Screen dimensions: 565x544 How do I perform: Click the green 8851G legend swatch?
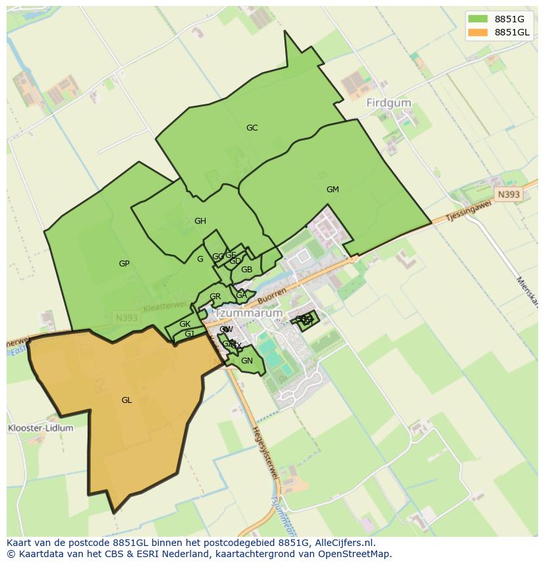click(478, 18)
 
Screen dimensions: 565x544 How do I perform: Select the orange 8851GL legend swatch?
click(478, 32)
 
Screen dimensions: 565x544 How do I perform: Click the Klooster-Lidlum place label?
click(41, 428)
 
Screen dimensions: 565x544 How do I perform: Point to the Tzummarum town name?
click(248, 314)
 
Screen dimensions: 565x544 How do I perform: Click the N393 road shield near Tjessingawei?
click(507, 194)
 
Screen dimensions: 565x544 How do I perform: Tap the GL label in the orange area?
click(127, 400)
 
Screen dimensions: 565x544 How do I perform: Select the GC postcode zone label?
click(252, 128)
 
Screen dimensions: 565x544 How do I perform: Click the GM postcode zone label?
click(332, 189)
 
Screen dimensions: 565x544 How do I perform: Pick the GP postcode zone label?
click(124, 263)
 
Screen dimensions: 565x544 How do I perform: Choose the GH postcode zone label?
click(200, 220)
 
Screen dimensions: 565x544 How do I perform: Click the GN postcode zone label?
click(247, 360)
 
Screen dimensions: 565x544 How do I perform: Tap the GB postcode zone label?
click(246, 269)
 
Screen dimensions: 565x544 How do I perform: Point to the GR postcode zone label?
click(215, 297)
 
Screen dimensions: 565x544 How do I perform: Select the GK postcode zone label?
click(185, 324)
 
